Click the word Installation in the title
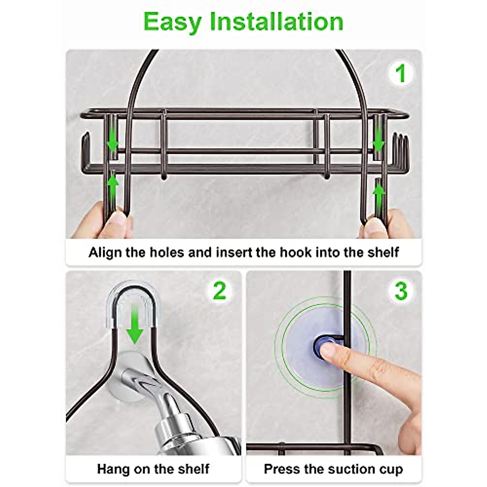tap(276, 22)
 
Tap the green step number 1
tap(400, 73)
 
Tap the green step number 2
tap(220, 291)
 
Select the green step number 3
tap(401, 291)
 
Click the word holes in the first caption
tap(167, 252)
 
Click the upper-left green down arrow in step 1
tap(112, 142)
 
